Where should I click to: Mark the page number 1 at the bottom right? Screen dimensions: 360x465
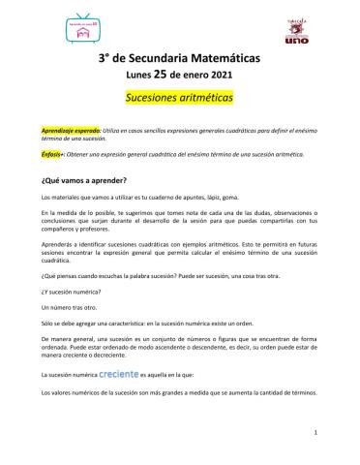(316, 432)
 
